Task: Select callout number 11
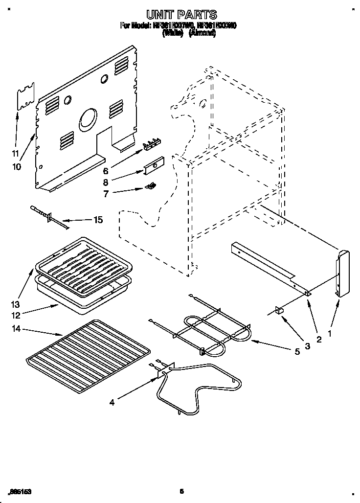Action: pyautogui.click(x=16, y=153)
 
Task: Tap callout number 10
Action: pyautogui.click(x=16, y=167)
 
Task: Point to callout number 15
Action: pyautogui.click(x=98, y=220)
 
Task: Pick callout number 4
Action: pyautogui.click(x=112, y=403)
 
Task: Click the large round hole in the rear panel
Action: pyautogui.click(x=89, y=118)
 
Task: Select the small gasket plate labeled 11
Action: pyautogui.click(x=26, y=98)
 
